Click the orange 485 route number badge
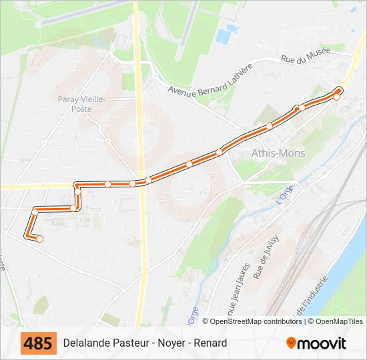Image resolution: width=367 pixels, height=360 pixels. pyautogui.click(x=39, y=343)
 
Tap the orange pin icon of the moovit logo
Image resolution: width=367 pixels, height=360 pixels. pyautogui.click(x=291, y=343)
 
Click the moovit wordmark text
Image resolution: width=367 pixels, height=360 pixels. pyautogui.click(x=322, y=344)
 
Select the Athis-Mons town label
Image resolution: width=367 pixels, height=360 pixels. pyautogui.click(x=278, y=153)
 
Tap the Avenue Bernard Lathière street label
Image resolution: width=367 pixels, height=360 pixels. pyautogui.click(x=210, y=81)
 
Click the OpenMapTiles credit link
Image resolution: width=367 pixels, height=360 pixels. pyautogui.click(x=339, y=321)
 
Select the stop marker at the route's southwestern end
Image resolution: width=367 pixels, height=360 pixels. pyautogui.click(x=39, y=239)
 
